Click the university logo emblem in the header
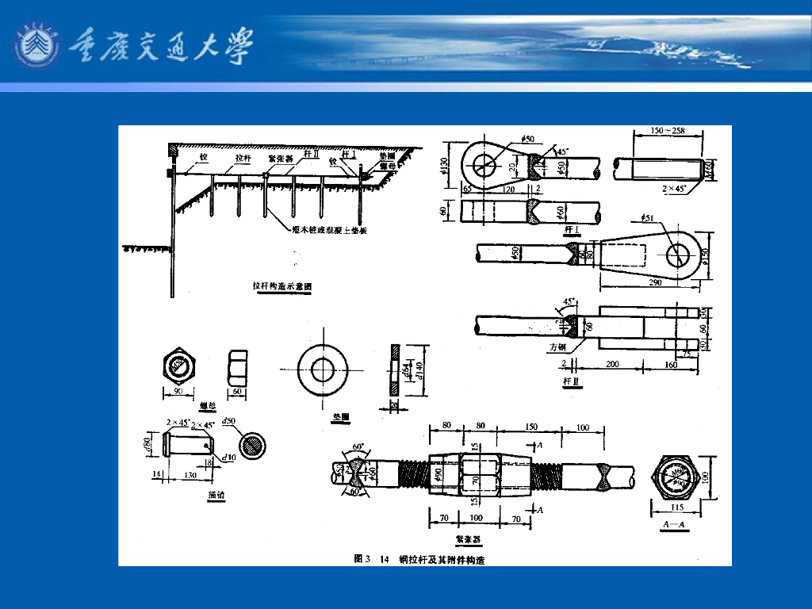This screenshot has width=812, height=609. (36, 46)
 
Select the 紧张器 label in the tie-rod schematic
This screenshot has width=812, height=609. (280, 158)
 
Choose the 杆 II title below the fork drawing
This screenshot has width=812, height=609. (571, 381)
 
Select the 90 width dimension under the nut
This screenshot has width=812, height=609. (181, 392)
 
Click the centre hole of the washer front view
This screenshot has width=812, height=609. (322, 369)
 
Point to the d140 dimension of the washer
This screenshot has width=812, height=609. (412, 369)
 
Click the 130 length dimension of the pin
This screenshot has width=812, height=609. (190, 474)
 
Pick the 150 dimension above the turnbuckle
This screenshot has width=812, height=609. (530, 427)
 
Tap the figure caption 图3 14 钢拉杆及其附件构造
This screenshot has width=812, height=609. (419, 560)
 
